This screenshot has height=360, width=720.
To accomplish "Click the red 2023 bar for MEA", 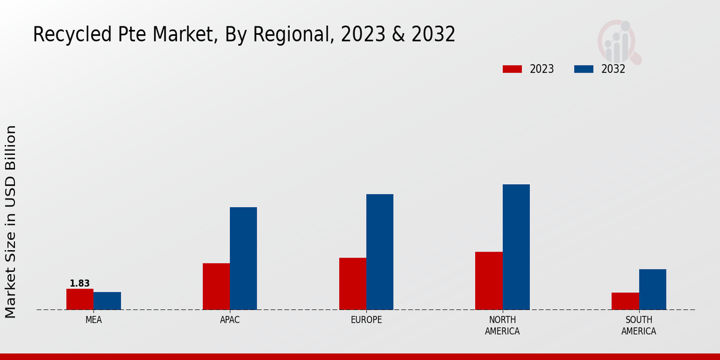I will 80,299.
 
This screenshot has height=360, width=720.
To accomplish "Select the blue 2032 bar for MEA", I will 107,301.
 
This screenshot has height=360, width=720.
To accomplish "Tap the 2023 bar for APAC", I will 216,286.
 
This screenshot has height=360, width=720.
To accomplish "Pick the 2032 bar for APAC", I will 243,259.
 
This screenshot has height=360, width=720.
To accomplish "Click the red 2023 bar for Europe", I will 352,284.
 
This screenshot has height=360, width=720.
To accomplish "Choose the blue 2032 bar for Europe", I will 380,252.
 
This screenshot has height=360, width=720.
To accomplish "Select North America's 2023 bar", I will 488,281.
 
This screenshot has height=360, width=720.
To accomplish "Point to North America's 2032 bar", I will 516,247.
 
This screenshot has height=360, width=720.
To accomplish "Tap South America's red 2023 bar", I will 625,301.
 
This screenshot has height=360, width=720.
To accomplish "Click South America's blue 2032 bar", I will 652,289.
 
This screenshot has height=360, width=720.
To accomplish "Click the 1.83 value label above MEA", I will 80,283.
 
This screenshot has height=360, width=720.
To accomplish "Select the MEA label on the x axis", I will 94,320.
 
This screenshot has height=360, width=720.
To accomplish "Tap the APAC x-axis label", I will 230,320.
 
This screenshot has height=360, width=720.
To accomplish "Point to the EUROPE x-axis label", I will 366,320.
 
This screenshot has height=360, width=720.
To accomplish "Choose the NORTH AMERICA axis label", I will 502,325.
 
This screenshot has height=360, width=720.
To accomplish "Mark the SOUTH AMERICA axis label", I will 638,325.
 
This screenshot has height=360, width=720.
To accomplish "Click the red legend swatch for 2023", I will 512,69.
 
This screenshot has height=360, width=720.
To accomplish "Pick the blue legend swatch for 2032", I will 583,69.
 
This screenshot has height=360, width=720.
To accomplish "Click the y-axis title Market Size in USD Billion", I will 11,222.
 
